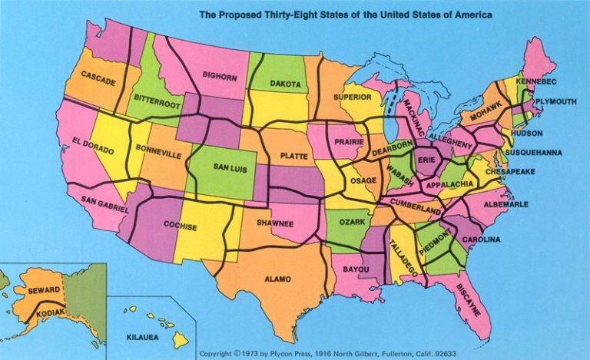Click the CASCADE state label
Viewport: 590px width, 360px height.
(x=98, y=78)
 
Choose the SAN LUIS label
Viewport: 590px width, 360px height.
(x=230, y=168)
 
